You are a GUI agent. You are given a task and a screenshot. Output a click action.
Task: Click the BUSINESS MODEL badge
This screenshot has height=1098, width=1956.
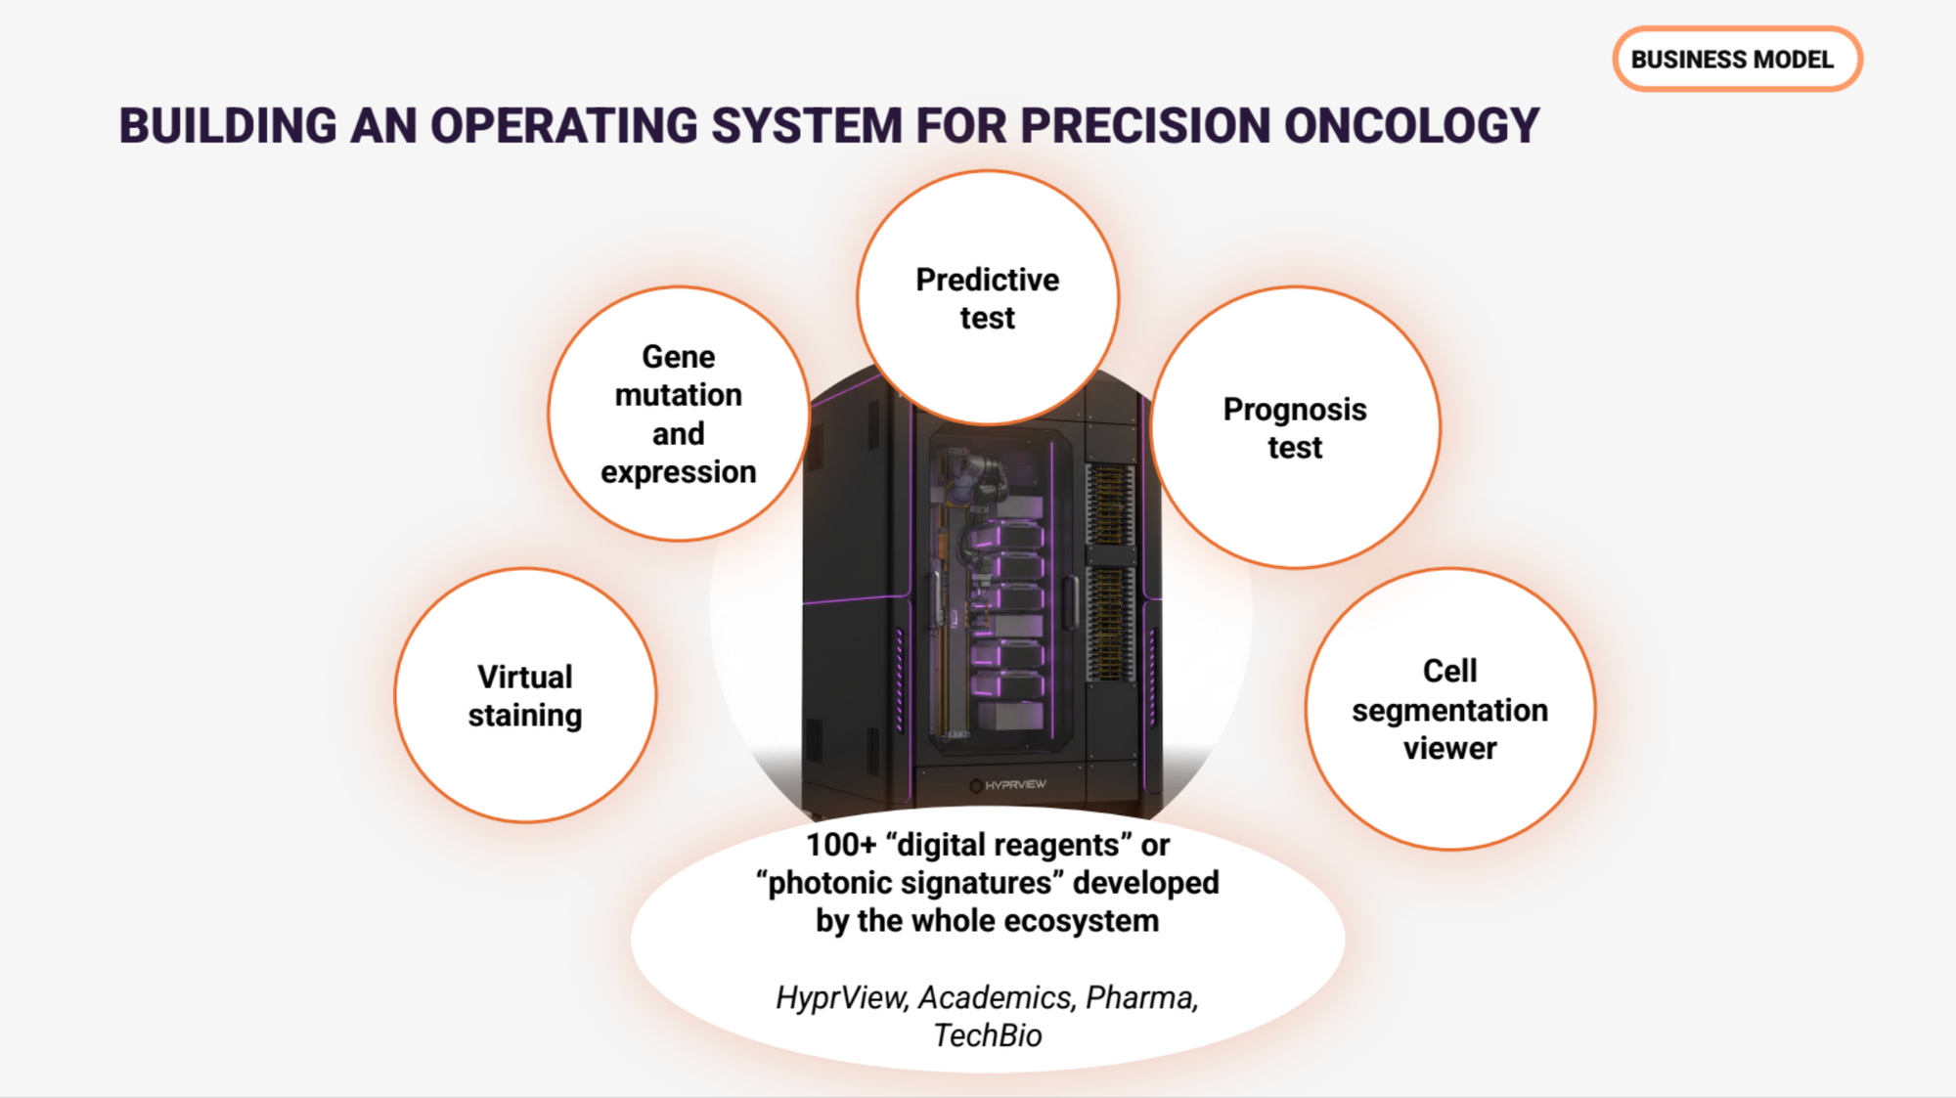[1737, 60]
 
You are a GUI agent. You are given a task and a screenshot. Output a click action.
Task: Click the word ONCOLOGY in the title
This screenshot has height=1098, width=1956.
[1411, 126]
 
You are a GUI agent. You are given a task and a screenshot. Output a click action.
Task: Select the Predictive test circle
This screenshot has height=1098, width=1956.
[988, 298]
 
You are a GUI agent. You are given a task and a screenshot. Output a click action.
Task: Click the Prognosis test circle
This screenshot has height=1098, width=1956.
[1295, 427]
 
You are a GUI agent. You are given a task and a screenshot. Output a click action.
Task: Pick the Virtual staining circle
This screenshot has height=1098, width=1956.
[525, 695]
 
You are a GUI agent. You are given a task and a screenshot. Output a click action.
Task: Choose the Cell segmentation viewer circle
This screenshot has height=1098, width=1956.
[1450, 709]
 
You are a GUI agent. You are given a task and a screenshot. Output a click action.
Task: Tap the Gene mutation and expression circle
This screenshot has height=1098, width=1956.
[679, 414]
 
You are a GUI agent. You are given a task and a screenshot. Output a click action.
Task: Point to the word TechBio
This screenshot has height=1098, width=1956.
[988, 1035]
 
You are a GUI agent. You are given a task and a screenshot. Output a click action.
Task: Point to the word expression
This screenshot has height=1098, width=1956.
[679, 472]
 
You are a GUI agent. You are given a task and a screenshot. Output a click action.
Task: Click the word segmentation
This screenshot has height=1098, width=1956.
[1450, 711]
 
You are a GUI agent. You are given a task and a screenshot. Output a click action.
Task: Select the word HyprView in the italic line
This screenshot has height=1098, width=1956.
[842, 997]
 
